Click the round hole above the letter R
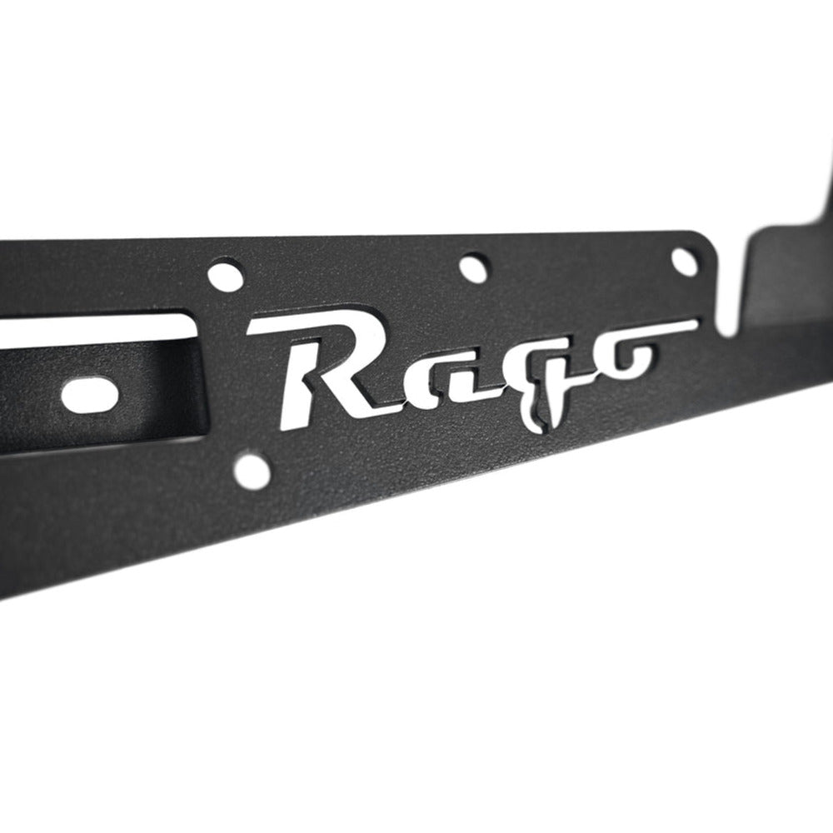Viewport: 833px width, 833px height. [x=225, y=276]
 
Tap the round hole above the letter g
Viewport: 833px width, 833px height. [x=472, y=267]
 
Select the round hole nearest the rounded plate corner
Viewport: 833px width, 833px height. [x=684, y=262]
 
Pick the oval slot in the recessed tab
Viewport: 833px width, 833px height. [x=90, y=392]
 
